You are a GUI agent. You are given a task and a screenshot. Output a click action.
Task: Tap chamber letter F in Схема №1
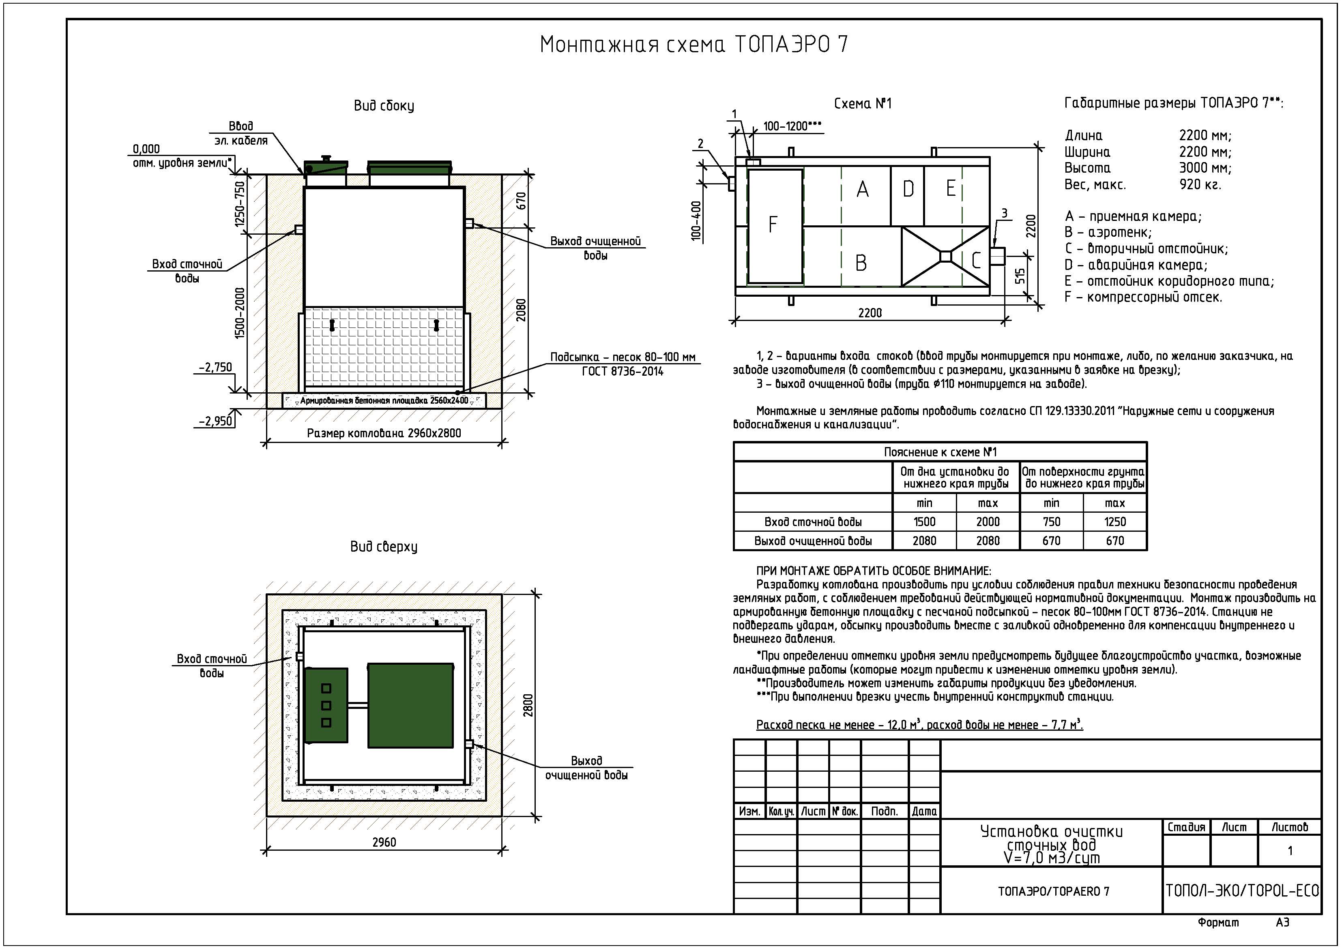(773, 224)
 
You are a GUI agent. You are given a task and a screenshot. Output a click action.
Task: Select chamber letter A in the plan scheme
(862, 189)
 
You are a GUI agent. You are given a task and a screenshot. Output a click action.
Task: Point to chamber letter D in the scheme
(908, 189)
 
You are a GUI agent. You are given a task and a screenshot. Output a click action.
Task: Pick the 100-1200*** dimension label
(792, 126)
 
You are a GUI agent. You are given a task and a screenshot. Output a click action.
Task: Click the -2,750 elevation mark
(215, 367)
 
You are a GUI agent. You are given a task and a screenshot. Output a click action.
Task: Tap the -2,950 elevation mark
(215, 421)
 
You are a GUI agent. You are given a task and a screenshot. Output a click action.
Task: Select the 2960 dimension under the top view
(384, 842)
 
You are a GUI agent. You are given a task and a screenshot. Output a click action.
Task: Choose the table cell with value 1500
(924, 522)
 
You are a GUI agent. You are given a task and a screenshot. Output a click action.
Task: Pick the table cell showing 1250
(1114, 522)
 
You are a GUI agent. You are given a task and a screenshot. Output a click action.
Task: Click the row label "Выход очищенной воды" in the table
(812, 541)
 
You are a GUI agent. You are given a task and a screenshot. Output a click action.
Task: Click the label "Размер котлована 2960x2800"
(384, 433)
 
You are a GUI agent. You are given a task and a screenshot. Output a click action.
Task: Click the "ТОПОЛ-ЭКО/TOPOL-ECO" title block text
(1242, 891)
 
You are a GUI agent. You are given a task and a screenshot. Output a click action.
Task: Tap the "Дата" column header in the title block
(924, 811)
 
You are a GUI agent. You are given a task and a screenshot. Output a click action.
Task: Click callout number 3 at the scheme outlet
(1004, 214)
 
